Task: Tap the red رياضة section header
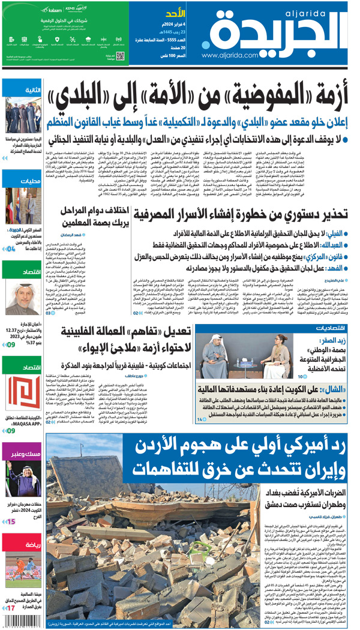tap(23, 544)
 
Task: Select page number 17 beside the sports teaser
tap(11, 608)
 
